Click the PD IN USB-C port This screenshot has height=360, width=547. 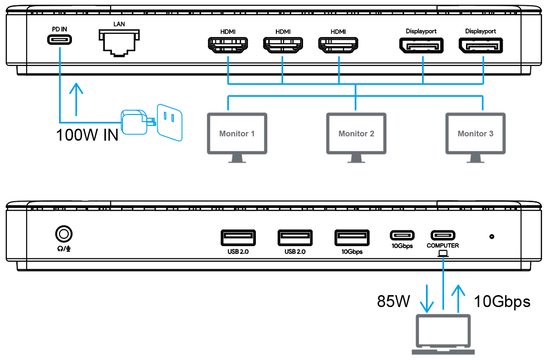click(60, 40)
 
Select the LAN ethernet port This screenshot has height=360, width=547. click(119, 42)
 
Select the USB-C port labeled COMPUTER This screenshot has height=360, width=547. click(443, 236)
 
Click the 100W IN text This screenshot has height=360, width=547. click(87, 135)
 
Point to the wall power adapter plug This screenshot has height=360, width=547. click(136, 122)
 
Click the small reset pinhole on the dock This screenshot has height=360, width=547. click(492, 236)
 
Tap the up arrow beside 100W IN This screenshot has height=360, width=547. click(75, 99)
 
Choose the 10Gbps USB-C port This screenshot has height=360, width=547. click(402, 236)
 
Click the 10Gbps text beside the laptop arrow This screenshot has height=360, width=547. click(502, 301)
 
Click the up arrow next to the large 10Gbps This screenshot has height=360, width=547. click(458, 298)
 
